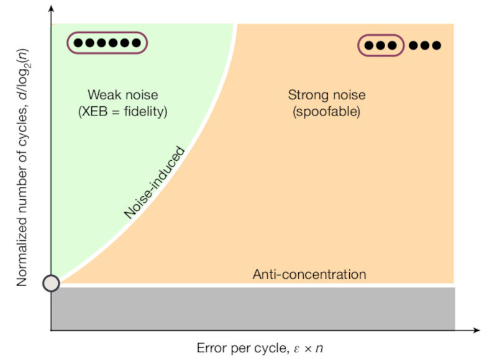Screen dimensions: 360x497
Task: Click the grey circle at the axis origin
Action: (x=52, y=284)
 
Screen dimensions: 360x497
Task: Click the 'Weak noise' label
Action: (x=122, y=96)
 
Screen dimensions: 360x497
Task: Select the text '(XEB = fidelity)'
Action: (x=122, y=112)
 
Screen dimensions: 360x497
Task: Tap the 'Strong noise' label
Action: (x=326, y=96)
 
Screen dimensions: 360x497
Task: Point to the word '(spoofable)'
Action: (x=326, y=112)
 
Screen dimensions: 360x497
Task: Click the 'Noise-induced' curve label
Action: (x=155, y=183)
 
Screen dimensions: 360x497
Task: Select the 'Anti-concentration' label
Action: (x=309, y=274)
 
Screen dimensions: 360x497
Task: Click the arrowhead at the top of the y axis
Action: (x=51, y=9)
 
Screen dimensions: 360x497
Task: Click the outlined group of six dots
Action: (x=108, y=43)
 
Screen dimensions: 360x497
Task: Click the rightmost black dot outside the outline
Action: (x=436, y=45)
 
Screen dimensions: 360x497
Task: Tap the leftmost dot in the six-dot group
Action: (x=78, y=43)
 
